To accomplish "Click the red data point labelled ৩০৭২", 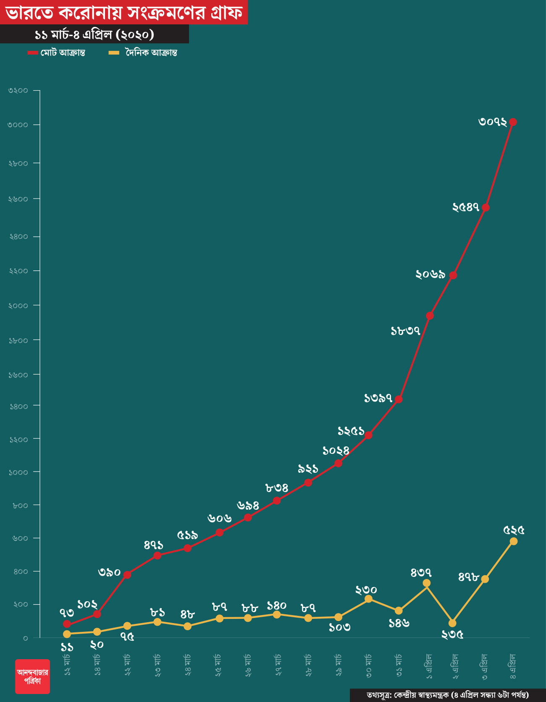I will click(x=513, y=122).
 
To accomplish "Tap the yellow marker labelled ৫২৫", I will click(x=513, y=541).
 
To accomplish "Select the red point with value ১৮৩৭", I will click(x=430, y=316).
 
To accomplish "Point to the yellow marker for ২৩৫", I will click(x=452, y=623).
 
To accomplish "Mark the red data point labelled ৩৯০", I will click(x=127, y=575).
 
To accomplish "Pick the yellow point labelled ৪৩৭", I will click(x=427, y=583).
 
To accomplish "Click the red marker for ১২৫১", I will click(x=368, y=435).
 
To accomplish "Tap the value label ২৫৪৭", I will click(x=466, y=207).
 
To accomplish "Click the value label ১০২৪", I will click(x=336, y=451).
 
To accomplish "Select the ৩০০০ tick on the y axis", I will click(x=18, y=125).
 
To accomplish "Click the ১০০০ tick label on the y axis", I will click(x=18, y=472).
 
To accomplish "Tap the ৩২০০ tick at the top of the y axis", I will click(x=18, y=91).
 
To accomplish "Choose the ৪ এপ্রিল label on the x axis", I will click(x=513, y=666).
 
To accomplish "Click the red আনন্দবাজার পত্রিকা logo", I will click(x=32, y=676).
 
